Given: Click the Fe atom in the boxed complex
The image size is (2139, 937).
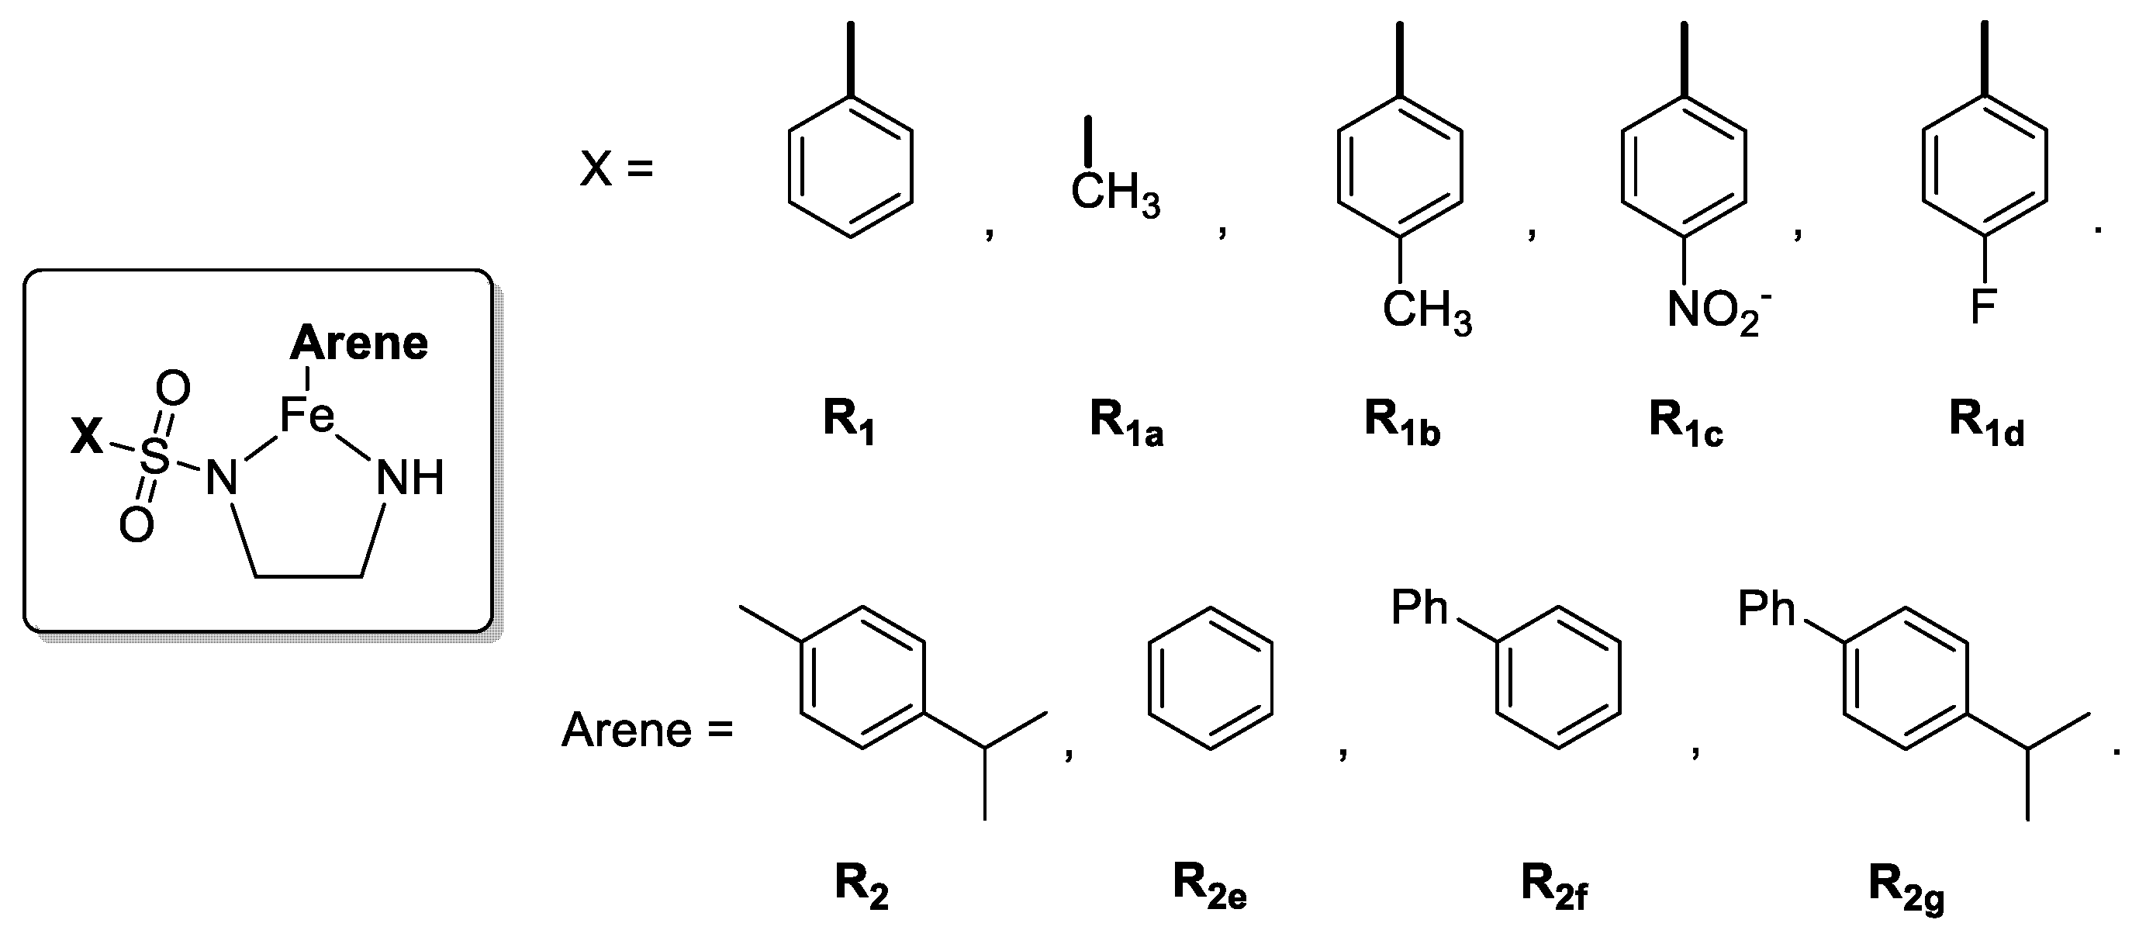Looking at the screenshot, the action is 307,415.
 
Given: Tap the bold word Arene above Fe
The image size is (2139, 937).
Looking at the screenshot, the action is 359,343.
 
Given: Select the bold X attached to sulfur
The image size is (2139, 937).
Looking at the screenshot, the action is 86,437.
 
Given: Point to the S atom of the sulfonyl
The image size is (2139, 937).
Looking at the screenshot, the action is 154,456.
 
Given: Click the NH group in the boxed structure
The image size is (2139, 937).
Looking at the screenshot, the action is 409,479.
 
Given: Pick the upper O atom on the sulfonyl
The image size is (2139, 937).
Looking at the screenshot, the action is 173,388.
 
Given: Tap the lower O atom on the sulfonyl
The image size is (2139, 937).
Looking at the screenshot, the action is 136,524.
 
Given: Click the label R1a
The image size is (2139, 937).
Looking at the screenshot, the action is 1126,422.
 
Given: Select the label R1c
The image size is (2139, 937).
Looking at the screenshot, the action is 1685,422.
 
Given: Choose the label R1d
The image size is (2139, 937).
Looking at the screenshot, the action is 1986,422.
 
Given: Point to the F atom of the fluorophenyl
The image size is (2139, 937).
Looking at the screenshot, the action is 1983,307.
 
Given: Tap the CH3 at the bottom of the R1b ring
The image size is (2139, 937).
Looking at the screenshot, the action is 1426,313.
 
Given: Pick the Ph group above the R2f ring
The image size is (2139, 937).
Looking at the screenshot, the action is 1419,609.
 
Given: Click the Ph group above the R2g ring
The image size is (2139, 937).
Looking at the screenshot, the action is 1766,609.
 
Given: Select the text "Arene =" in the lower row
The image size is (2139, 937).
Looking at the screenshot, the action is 647,731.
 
